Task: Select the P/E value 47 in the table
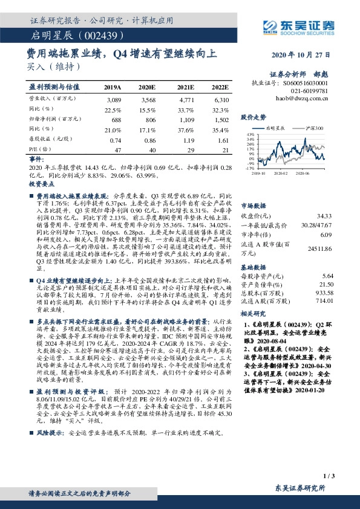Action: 118,149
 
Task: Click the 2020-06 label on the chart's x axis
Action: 313,173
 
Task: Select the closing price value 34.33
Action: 324,216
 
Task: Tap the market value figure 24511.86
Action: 320,248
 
